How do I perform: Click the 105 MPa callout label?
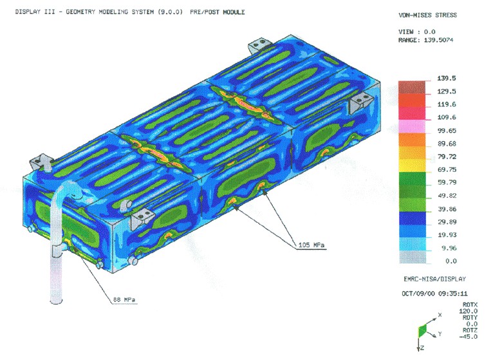tap(311, 245)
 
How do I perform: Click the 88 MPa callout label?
tap(124, 300)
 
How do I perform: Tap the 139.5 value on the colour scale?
tap(446, 79)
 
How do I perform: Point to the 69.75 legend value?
tap(447, 170)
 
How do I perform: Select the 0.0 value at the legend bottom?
tap(451, 261)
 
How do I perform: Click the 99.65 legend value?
tap(447, 131)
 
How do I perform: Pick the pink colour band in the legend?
tap(412, 126)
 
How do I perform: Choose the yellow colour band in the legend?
tap(412, 166)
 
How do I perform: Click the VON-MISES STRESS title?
tap(427, 15)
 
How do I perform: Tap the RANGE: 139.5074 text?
tap(425, 40)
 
